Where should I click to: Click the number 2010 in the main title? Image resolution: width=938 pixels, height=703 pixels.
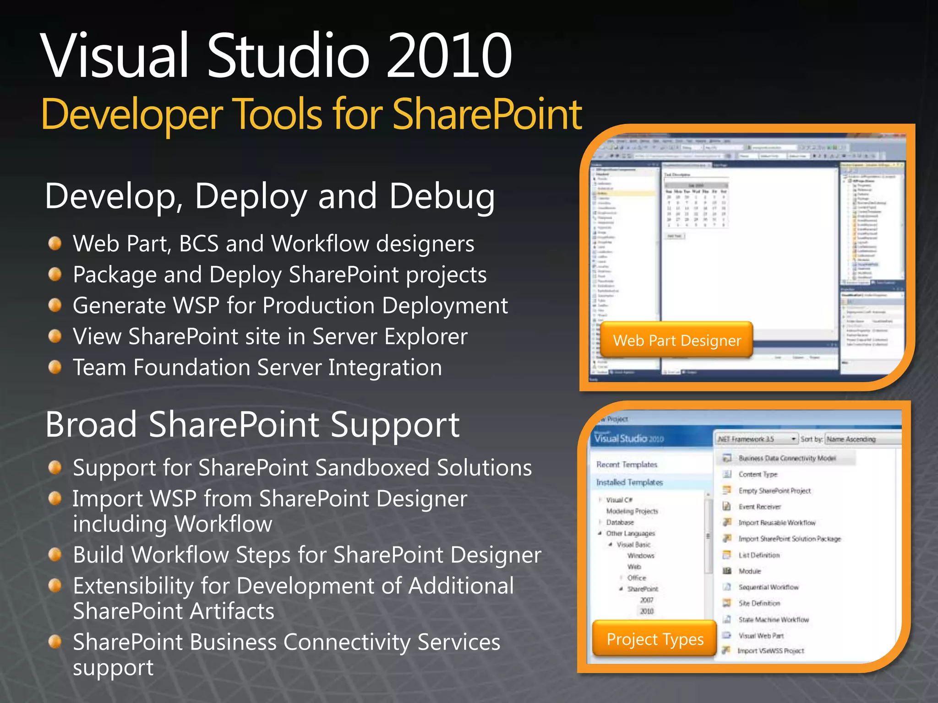[x=449, y=56]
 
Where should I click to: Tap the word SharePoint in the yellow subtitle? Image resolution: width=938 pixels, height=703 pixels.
[x=487, y=114]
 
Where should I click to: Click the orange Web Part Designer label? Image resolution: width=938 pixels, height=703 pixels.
[x=676, y=341]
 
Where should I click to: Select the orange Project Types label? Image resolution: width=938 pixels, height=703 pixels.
[x=654, y=639]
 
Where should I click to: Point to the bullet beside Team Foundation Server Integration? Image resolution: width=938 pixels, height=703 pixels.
[x=55, y=367]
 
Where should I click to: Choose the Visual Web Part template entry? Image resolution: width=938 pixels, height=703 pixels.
[x=761, y=636]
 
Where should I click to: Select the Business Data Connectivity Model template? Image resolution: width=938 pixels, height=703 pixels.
[x=786, y=458]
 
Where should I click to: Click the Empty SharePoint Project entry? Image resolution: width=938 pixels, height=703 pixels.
[x=774, y=491]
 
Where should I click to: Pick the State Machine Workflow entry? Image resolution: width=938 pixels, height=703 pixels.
[x=773, y=620]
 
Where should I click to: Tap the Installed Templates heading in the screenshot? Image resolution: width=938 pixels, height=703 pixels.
[x=629, y=482]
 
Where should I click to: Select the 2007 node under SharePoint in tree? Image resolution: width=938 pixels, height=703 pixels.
[x=647, y=600]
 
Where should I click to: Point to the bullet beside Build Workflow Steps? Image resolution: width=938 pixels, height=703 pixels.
[x=55, y=555]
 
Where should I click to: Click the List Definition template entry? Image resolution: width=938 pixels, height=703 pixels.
[x=758, y=555]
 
